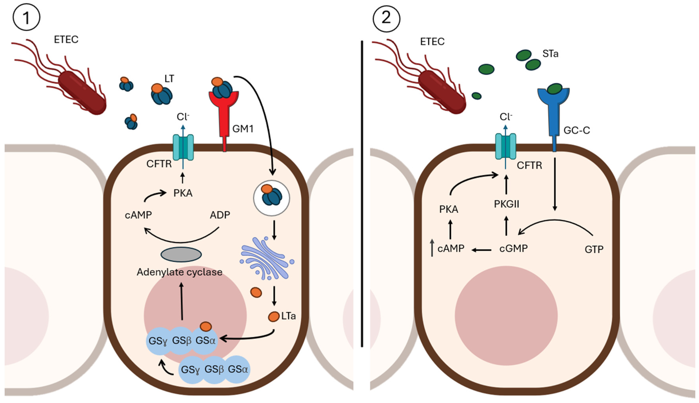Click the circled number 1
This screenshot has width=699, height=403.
tap(26, 17)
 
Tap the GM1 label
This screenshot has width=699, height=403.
tap(243, 129)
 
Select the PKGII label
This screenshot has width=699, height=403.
tap(506, 204)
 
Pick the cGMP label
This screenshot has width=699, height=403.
tap(513, 249)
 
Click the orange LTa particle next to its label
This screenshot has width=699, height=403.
tap(274, 316)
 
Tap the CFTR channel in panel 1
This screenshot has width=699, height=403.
tap(183, 147)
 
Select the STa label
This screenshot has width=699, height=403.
tap(550, 54)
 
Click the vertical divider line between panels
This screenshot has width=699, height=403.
tap(362, 194)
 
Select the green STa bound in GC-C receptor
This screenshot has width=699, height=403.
tap(554, 89)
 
